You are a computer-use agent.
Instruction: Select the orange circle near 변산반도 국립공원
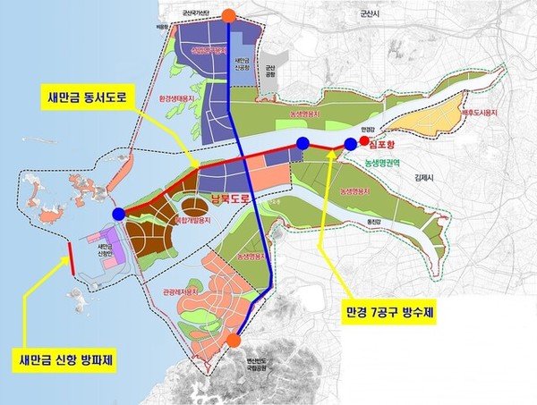[x=234, y=341]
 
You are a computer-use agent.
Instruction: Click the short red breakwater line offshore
[x=71, y=257]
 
